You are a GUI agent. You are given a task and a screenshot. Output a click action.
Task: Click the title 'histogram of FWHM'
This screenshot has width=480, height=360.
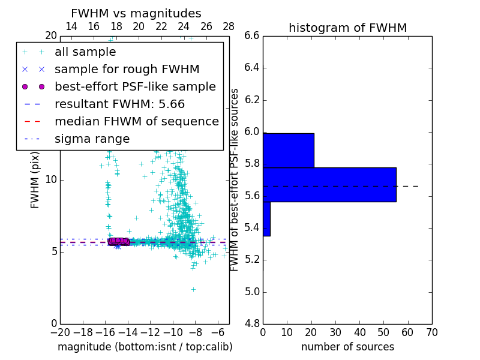[347, 28]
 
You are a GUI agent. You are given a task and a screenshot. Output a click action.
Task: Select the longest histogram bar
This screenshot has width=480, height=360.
[329, 184]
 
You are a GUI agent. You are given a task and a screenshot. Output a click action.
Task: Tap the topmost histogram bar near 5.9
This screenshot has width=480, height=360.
[288, 150]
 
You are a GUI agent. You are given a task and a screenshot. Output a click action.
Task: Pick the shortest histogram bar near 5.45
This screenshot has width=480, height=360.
[266, 218]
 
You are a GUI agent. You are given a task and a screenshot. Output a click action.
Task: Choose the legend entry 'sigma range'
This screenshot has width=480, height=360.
[92, 139]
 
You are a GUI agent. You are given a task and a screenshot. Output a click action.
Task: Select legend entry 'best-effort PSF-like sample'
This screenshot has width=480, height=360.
[135, 86]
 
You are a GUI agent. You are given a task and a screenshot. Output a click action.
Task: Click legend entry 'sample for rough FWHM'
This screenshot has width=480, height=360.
[127, 69]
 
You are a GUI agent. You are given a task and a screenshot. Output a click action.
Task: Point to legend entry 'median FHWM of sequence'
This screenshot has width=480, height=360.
[136, 121]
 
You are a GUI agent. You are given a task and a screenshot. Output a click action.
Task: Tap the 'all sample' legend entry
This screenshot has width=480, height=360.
[85, 52]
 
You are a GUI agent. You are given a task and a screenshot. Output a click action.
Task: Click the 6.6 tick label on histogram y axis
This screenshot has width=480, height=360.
[251, 35]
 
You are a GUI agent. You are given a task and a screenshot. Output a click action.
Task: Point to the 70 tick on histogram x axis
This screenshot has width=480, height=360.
[432, 332]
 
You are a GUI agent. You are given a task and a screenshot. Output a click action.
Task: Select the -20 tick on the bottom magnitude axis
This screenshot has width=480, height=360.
[60, 332]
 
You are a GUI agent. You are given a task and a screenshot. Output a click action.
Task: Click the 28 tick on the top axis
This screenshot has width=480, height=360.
[229, 26]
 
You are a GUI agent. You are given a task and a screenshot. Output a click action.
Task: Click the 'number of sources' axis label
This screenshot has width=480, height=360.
[347, 347]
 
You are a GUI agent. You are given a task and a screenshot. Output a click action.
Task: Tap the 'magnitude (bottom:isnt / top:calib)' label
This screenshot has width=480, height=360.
[145, 347]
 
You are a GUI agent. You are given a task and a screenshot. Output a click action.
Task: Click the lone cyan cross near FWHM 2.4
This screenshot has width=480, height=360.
[193, 289]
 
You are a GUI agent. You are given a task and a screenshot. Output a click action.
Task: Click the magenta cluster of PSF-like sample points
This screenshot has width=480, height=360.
[118, 241]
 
